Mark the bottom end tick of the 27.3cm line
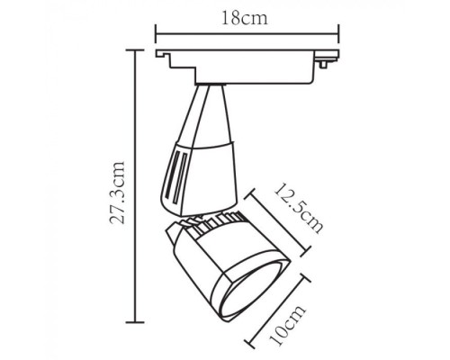[136, 321]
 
